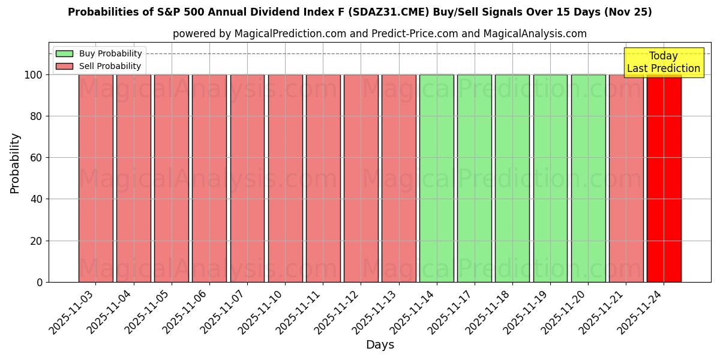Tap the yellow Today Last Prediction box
tap(663, 62)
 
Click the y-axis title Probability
tap(15, 163)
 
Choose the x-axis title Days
tap(380, 345)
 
